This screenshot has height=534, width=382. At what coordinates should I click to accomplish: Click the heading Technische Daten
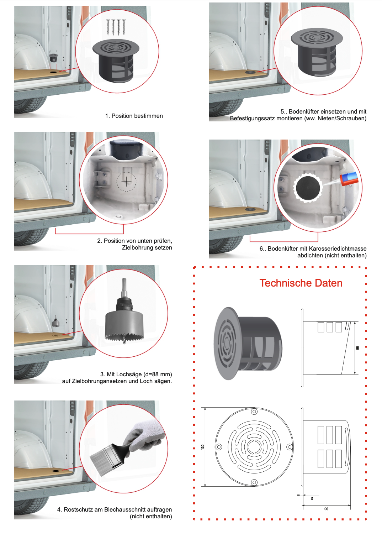(301, 283)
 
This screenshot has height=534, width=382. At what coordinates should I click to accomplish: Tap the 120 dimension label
(203, 447)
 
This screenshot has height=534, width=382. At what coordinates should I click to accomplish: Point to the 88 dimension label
(357, 348)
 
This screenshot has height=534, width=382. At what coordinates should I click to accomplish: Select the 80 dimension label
(326, 509)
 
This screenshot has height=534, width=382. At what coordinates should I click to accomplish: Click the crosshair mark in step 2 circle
(126, 182)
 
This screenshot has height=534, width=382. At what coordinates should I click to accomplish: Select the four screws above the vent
(116, 27)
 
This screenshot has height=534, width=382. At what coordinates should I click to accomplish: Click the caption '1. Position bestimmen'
(134, 116)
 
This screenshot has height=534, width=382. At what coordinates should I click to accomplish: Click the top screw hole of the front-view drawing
(254, 412)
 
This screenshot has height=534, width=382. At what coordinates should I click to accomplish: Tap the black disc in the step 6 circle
(308, 188)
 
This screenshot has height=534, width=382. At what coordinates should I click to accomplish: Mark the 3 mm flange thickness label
(312, 498)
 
